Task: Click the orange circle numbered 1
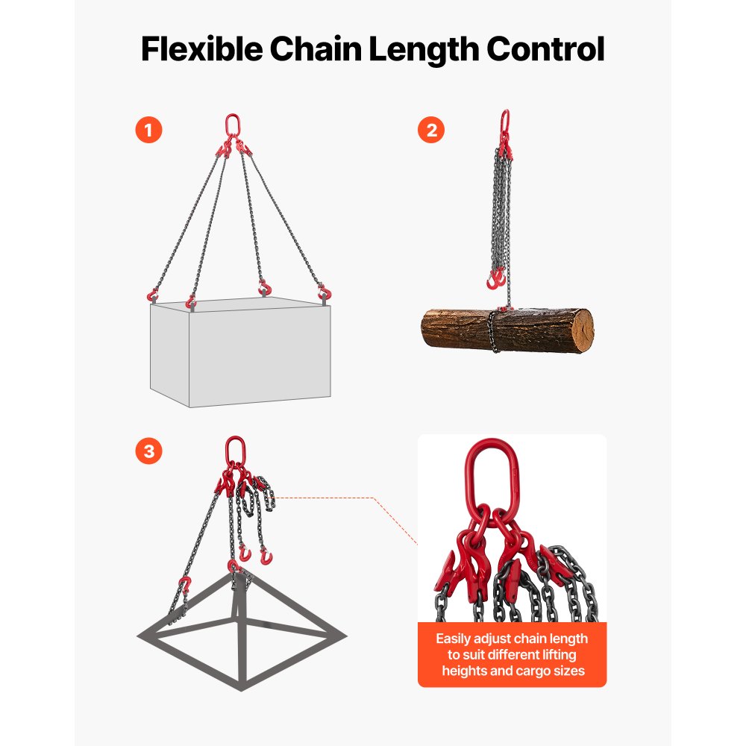[x=148, y=131]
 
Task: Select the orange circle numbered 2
[x=431, y=131]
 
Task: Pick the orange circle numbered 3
[x=148, y=451]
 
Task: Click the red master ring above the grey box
[x=233, y=124]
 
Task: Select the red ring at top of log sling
[x=504, y=120]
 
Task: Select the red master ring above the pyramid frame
[x=235, y=451]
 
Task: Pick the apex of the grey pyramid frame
[x=236, y=570]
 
